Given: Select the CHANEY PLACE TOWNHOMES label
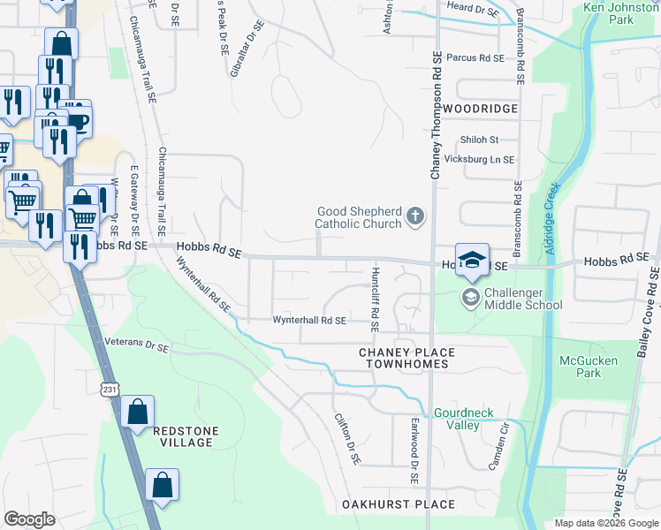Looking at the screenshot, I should point(406,358).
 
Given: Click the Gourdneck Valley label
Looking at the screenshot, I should point(456,419).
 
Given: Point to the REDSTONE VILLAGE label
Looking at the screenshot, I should point(183,436).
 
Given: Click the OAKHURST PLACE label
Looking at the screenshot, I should point(399,505).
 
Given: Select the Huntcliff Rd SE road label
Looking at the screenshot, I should point(376,299).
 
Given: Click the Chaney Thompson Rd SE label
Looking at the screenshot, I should point(436,115).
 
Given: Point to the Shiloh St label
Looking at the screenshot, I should point(480,140).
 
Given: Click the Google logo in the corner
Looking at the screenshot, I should point(29,519).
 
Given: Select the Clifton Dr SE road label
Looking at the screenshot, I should point(347,439).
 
